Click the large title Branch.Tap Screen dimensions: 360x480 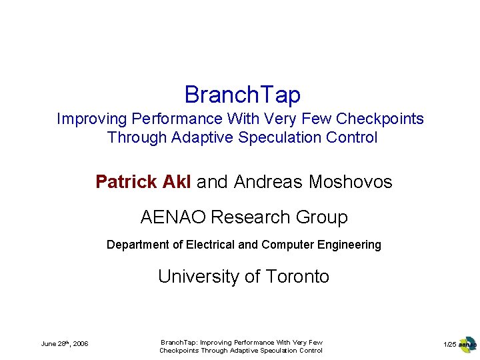(x=242, y=95)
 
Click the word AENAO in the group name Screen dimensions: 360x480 (x=173, y=217)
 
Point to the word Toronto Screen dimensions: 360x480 (x=297, y=277)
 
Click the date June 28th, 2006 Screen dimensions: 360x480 (x=65, y=344)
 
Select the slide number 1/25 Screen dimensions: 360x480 (x=450, y=344)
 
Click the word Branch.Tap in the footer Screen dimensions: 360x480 (x=178, y=342)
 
